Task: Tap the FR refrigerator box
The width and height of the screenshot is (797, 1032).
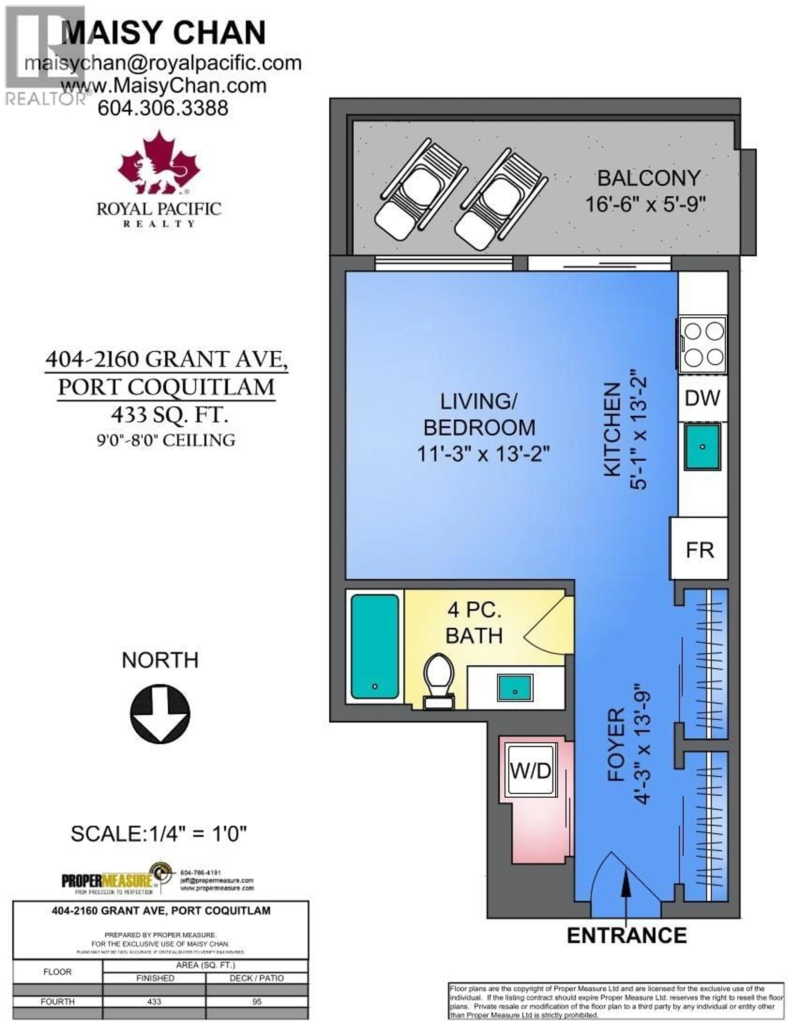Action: click(x=699, y=550)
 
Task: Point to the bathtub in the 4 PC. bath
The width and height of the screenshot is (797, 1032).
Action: click(x=375, y=646)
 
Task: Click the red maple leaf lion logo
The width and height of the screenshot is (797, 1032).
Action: click(x=159, y=163)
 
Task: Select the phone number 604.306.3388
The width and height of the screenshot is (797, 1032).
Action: click(x=163, y=108)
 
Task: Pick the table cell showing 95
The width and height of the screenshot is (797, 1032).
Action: click(x=257, y=1001)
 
